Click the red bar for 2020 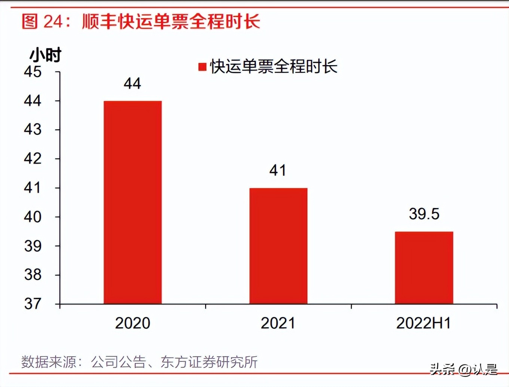coord(132,202)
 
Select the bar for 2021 coord(278,246)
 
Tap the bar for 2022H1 coord(424,267)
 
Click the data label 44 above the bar coord(132,83)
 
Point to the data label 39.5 coord(424,214)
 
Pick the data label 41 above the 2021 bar coord(278,171)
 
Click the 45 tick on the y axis coord(33,72)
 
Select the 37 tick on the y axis coord(33,304)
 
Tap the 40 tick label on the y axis coord(33,217)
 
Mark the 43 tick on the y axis coord(33,129)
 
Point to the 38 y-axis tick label coord(33,275)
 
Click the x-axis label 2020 coord(132,323)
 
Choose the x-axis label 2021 coord(278,323)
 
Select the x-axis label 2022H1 coord(424,323)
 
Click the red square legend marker coord(202,67)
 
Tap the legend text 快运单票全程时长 coord(274,67)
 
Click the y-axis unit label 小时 coord(45,55)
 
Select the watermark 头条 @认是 coord(463,369)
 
